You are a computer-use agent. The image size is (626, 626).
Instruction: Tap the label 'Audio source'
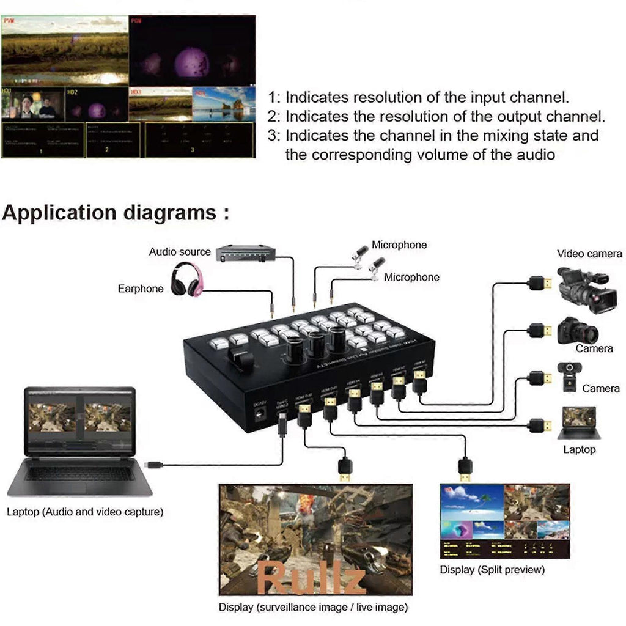tap(180, 252)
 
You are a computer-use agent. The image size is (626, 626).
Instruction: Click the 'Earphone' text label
tap(141, 289)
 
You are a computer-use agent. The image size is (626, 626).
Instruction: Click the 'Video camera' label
tap(589, 254)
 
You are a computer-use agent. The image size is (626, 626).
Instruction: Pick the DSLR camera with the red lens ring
tap(577, 331)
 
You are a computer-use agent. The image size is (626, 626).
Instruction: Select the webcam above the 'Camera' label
tap(569, 375)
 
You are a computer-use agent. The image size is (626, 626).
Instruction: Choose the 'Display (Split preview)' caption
tap(492, 570)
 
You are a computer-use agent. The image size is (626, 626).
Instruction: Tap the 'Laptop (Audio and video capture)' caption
tap(85, 512)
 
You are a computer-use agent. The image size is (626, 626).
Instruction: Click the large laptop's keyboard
tap(79, 473)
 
